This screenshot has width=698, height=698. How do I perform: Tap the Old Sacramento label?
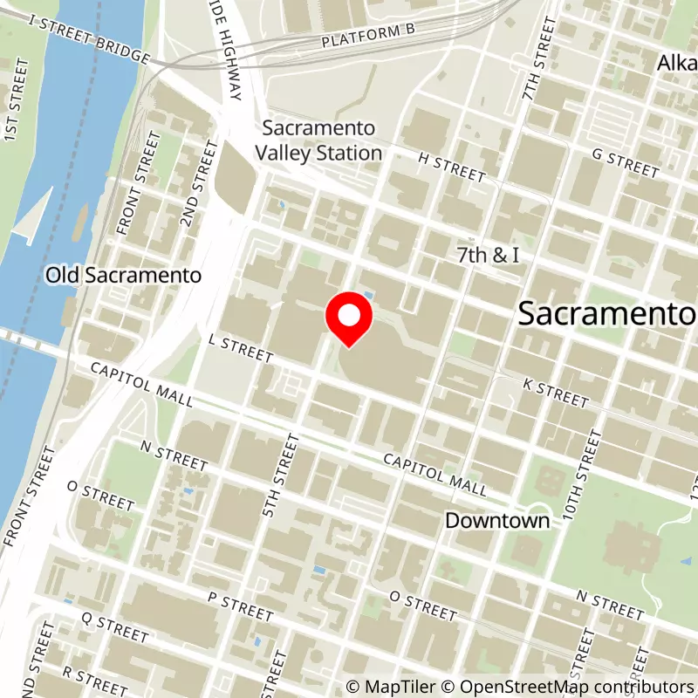pos(124,275)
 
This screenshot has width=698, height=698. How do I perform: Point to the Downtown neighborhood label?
pos(497,521)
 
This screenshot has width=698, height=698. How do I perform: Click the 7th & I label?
pos(489,255)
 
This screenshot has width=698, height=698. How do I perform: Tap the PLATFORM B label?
pos(367,36)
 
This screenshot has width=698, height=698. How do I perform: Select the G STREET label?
pos(625,163)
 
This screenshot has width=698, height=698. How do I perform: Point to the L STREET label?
pos(242,347)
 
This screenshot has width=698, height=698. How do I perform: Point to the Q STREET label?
pos(114,625)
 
